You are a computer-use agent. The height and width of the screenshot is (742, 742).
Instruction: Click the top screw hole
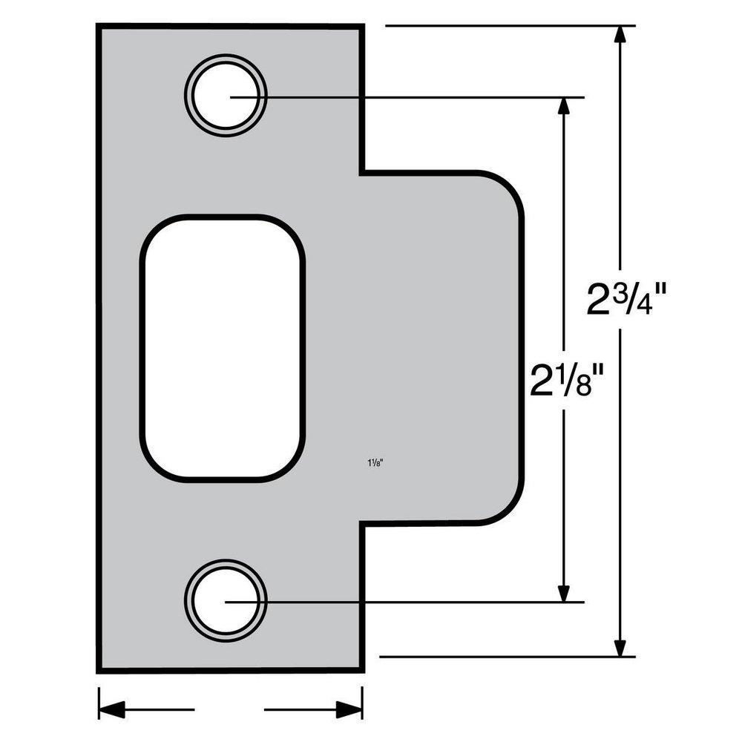[226, 95]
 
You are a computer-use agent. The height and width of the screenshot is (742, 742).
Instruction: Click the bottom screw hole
[226, 601]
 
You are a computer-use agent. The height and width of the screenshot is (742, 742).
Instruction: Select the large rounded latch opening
[223, 348]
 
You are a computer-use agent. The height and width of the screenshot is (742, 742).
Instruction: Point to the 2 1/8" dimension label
[564, 379]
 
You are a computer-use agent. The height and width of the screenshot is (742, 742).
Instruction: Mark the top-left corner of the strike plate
[99, 27]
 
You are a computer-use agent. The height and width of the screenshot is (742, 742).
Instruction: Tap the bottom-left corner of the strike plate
[99, 669]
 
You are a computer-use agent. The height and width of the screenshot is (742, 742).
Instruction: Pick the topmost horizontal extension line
[505, 26]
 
